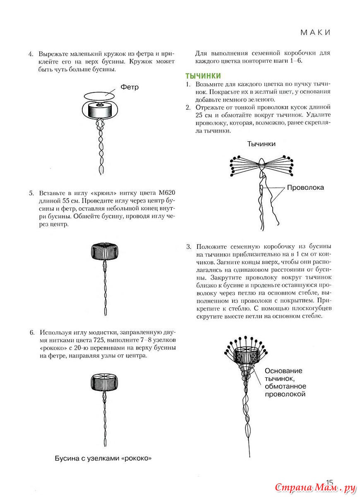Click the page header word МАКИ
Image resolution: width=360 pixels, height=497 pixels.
[315, 32]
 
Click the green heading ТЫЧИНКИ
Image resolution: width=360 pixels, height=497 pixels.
[203, 76]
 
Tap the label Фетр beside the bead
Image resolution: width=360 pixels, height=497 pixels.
[130, 87]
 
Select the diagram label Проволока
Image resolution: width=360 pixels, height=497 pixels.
[305, 188]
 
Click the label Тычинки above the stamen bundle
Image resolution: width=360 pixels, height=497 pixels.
[261, 144]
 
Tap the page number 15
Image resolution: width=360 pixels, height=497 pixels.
[329, 482]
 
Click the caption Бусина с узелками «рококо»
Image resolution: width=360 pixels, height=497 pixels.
[103, 458]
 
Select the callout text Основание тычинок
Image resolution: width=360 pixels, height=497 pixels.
[284, 375]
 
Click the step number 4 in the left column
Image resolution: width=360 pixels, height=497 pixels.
[30, 54]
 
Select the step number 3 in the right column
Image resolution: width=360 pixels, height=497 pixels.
[188, 246]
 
